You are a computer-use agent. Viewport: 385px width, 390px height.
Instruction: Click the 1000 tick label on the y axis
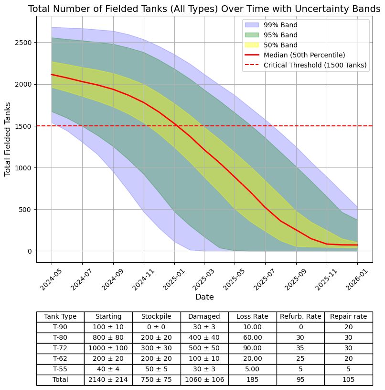point(24,168)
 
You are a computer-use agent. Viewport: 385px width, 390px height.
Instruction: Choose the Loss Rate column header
point(252,317)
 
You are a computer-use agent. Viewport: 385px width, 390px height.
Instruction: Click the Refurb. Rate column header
point(300,317)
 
